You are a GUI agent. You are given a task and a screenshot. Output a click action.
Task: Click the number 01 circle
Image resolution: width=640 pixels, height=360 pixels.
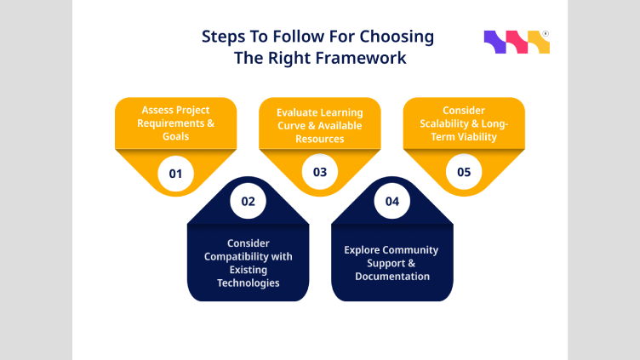point(176,174)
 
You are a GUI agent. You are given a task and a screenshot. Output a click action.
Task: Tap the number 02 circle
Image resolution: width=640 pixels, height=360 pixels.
point(249,203)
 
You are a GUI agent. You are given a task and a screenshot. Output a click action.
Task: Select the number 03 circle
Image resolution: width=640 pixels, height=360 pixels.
point(320,173)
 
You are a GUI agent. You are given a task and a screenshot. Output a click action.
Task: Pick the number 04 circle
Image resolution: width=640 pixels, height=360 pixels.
point(392,203)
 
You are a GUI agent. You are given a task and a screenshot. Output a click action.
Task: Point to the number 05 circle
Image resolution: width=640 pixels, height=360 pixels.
point(464,173)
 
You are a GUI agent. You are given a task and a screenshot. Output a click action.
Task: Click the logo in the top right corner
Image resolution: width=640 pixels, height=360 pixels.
point(517,43)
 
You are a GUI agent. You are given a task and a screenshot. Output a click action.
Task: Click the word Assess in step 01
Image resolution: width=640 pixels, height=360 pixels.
point(158,111)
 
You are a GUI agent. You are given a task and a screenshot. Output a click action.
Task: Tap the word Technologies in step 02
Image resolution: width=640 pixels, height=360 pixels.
point(249,282)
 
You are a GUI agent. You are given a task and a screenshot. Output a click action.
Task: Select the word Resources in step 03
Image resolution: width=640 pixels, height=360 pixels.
point(321,138)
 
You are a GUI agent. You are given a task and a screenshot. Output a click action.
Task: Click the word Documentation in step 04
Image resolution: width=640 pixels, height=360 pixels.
point(392,276)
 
